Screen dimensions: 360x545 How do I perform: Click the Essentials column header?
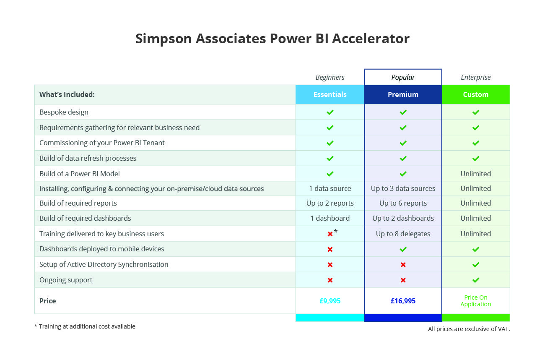(330, 94)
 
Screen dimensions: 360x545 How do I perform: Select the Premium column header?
(403, 94)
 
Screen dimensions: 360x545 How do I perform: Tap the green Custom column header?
(475, 94)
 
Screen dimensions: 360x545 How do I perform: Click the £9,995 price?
(330, 301)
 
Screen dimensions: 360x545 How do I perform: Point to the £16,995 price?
(403, 301)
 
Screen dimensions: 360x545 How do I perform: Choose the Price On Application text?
(475, 301)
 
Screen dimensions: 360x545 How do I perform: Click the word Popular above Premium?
(403, 77)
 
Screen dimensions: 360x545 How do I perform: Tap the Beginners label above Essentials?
(330, 77)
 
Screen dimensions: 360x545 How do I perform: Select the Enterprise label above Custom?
(475, 77)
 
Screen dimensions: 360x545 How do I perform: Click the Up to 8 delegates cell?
(403, 234)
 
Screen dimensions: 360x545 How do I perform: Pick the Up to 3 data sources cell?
(403, 188)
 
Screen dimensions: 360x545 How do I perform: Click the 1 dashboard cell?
(330, 218)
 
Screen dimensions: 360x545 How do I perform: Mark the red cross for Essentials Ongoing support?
(330, 280)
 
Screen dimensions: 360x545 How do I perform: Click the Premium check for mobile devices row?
(403, 249)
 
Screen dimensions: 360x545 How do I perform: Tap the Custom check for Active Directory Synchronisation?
(475, 265)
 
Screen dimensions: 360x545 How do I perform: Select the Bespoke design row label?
(64, 112)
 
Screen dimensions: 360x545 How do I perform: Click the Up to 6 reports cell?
(403, 203)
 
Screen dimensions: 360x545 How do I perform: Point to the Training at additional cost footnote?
(85, 326)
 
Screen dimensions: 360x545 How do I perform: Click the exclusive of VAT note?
(469, 329)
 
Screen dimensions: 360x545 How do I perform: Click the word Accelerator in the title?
(371, 39)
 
